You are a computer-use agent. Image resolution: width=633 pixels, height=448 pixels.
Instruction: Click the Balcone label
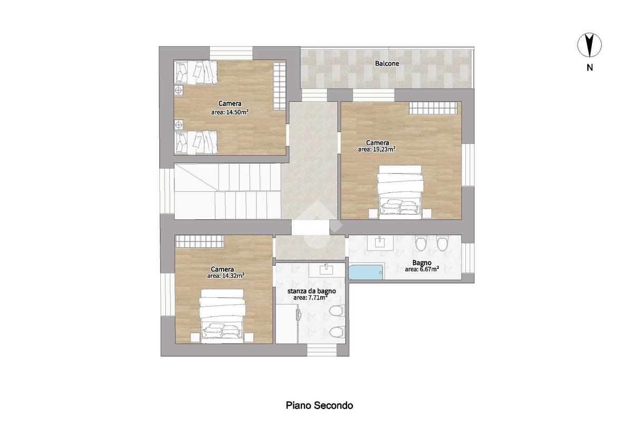point(387,64)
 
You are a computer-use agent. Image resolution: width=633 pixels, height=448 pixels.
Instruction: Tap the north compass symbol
point(589,45)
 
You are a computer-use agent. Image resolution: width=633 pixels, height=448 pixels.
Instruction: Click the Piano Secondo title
point(319,405)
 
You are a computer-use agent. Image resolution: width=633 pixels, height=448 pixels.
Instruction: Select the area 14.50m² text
point(230,112)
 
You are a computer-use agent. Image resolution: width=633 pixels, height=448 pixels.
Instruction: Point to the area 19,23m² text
point(377,149)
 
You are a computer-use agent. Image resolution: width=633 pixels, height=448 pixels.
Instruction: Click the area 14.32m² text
point(226,276)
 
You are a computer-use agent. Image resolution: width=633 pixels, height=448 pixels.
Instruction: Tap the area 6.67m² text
point(421,269)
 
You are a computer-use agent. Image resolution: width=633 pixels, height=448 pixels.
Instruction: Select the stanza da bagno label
point(311,291)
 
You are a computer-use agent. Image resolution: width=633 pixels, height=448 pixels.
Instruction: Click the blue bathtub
point(366,272)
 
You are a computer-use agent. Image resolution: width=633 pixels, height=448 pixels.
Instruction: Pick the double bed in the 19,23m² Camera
point(400,192)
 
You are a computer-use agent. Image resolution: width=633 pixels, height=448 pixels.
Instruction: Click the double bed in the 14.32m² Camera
point(222,316)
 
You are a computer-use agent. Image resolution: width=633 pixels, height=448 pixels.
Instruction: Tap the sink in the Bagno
point(380,243)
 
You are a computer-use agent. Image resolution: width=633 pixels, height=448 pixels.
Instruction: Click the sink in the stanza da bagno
point(326,270)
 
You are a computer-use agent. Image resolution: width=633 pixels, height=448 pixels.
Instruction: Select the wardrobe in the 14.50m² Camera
point(280,86)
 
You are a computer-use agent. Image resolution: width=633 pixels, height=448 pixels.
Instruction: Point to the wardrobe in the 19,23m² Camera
point(433,108)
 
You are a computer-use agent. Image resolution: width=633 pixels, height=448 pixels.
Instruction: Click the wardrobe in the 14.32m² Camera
point(199,241)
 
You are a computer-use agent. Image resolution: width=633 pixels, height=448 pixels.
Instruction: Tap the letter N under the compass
point(590,68)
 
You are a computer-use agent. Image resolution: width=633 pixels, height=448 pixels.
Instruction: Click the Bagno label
point(421,263)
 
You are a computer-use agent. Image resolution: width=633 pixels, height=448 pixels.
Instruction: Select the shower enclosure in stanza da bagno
point(287,324)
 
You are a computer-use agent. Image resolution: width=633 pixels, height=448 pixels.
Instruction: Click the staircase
point(227,191)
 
